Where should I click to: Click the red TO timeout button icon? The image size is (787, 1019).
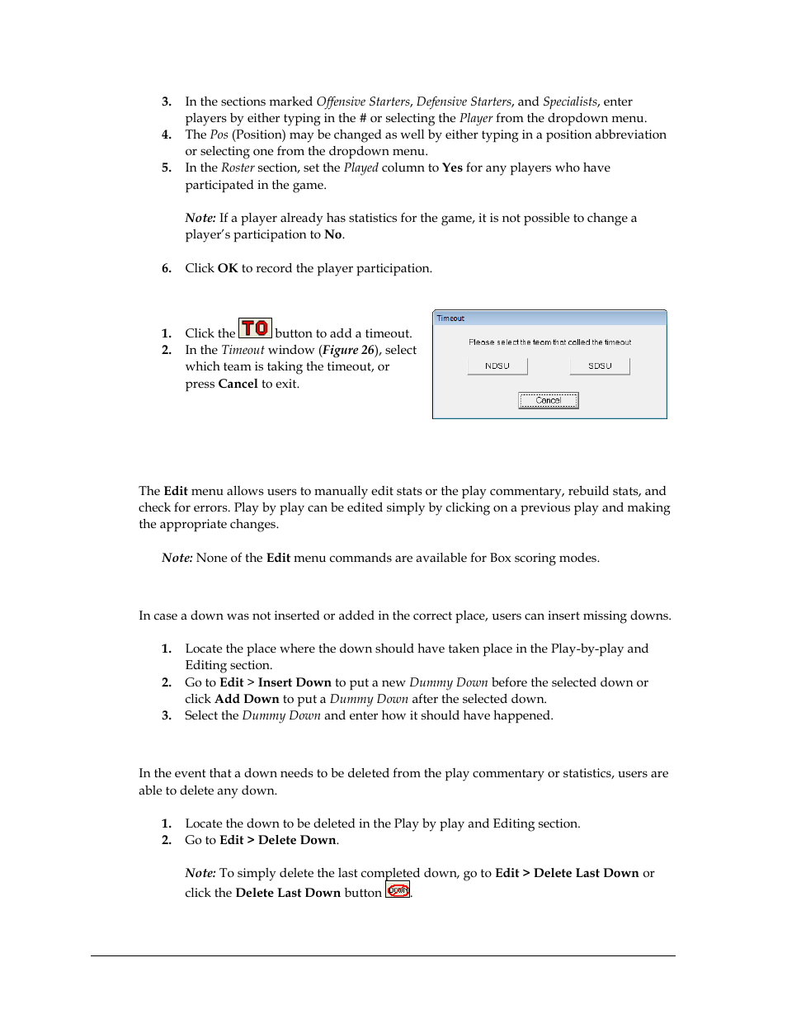coord(255,328)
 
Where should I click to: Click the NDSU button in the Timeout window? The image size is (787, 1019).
coord(497,366)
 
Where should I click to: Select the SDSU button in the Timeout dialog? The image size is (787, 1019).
coord(600,366)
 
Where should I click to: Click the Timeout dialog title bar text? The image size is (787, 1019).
coord(451,318)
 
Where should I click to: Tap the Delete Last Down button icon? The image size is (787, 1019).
coord(398,890)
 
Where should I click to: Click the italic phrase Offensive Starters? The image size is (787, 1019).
coord(363,101)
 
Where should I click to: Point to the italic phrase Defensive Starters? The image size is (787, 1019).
coord(464,101)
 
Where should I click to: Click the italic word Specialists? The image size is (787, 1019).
coord(569,101)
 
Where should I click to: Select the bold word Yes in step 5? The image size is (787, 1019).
coord(452,167)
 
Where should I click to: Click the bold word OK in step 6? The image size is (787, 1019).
coord(228,268)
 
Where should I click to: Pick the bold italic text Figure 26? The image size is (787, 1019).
coord(348,350)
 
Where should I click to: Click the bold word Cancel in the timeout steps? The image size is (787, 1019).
coord(238,384)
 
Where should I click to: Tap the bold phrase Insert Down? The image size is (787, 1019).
coord(295,682)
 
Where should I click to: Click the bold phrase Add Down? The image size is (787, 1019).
coord(247,699)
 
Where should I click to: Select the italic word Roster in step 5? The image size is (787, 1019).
coord(238,167)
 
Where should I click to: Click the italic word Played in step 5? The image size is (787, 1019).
coord(361,167)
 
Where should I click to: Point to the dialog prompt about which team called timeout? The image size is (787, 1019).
coord(549,342)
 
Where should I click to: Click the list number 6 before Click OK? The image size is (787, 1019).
coord(166,268)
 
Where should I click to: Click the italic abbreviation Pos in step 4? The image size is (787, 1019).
coord(219,134)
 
